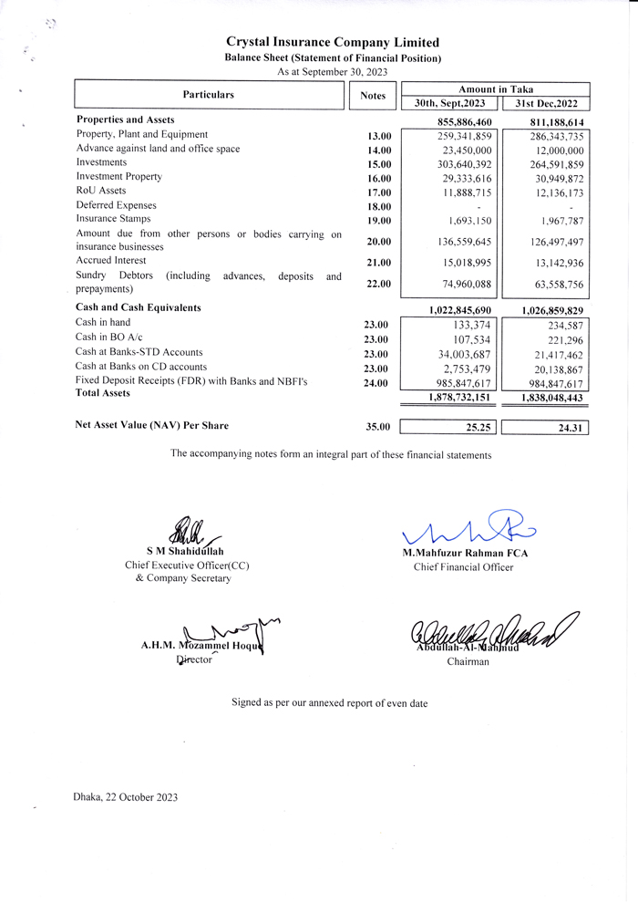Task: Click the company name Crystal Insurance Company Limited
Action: [333, 42]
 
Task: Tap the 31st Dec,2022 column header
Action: [546, 103]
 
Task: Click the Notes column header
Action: [373, 95]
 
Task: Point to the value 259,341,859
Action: [466, 136]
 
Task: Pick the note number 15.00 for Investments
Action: [378, 164]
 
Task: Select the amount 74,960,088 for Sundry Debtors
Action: [466, 284]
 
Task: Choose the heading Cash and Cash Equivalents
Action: [139, 307]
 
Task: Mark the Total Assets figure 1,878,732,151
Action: [459, 398]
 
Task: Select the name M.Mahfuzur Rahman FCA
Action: [465, 553]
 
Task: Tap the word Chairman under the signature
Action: [468, 661]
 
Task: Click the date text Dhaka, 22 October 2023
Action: [126, 797]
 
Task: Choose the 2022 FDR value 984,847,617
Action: [556, 383]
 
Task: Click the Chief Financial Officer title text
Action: [463, 566]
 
